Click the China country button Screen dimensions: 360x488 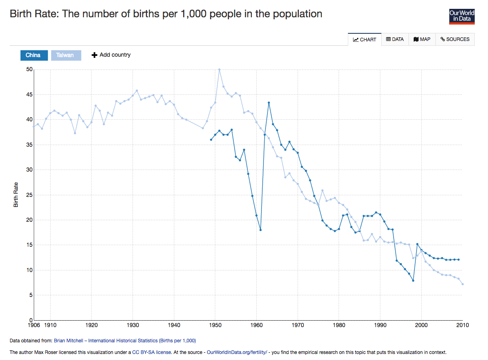tap(34, 55)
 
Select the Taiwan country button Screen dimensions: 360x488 tap(65, 55)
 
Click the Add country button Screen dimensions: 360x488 tap(111, 55)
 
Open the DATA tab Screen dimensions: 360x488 tap(395, 39)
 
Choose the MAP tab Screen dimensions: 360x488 tap(422, 39)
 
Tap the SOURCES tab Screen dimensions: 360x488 tap(455, 39)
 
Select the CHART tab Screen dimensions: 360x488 tap(365, 39)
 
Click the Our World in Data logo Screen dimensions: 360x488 tap(461, 16)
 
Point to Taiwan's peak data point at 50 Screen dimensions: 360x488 tap(219, 70)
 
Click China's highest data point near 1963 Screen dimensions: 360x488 tap(269, 102)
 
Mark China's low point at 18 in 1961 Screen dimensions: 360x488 tap(261, 230)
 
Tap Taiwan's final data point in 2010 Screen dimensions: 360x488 tap(463, 284)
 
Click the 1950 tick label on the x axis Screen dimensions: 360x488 tap(215, 325)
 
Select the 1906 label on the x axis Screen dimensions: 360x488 tap(34, 325)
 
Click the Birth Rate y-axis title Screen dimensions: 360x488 tap(16, 195)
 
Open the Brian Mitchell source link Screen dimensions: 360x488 tap(125, 341)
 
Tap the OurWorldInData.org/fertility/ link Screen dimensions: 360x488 tap(237, 352)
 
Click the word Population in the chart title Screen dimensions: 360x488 tap(298, 14)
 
